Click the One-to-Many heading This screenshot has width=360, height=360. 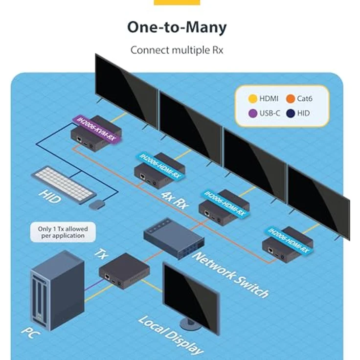pyautogui.click(x=177, y=27)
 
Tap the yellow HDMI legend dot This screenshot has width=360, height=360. pyautogui.click(x=253, y=99)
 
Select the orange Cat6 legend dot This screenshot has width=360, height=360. pyautogui.click(x=291, y=99)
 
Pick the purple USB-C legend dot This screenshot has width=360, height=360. pyautogui.click(x=253, y=113)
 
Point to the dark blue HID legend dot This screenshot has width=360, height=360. pyautogui.click(x=291, y=113)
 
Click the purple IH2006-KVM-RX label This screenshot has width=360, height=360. pyautogui.click(x=96, y=130)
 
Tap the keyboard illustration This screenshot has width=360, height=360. pyautogui.click(x=64, y=184)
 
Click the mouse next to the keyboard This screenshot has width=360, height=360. pyautogui.click(x=97, y=204)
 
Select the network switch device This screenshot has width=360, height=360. pyautogui.click(x=174, y=238)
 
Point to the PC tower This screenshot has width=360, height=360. pyautogui.click(x=57, y=291)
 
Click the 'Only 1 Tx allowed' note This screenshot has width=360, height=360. pyautogui.click(x=63, y=232)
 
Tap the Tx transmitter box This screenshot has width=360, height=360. pyautogui.click(x=124, y=271)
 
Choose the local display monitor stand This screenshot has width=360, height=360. pyautogui.click(x=190, y=324)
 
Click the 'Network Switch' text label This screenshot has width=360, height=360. pyautogui.click(x=230, y=275)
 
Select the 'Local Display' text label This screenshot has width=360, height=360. pyautogui.click(x=171, y=335)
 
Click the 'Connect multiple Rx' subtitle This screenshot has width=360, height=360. pyautogui.click(x=177, y=50)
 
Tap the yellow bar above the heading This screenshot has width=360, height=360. pyautogui.click(x=177, y=2)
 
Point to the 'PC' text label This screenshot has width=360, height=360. pyautogui.click(x=30, y=333)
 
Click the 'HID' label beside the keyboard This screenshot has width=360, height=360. pyautogui.click(x=49, y=197)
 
